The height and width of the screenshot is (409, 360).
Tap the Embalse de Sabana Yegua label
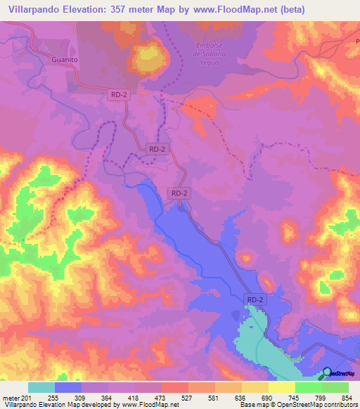[212, 54]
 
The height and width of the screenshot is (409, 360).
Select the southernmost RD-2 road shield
[256, 299]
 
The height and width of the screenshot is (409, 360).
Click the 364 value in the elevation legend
[107, 397]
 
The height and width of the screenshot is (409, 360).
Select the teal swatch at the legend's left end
[41, 387]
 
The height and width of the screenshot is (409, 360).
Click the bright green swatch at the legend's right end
[335, 387]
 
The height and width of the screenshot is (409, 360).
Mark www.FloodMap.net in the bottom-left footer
[151, 405]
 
